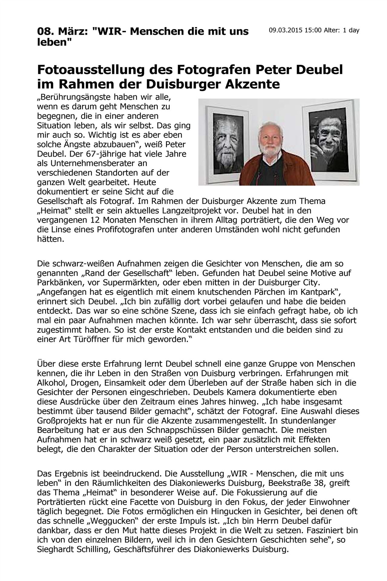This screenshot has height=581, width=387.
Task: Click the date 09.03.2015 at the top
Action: click(x=286, y=30)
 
